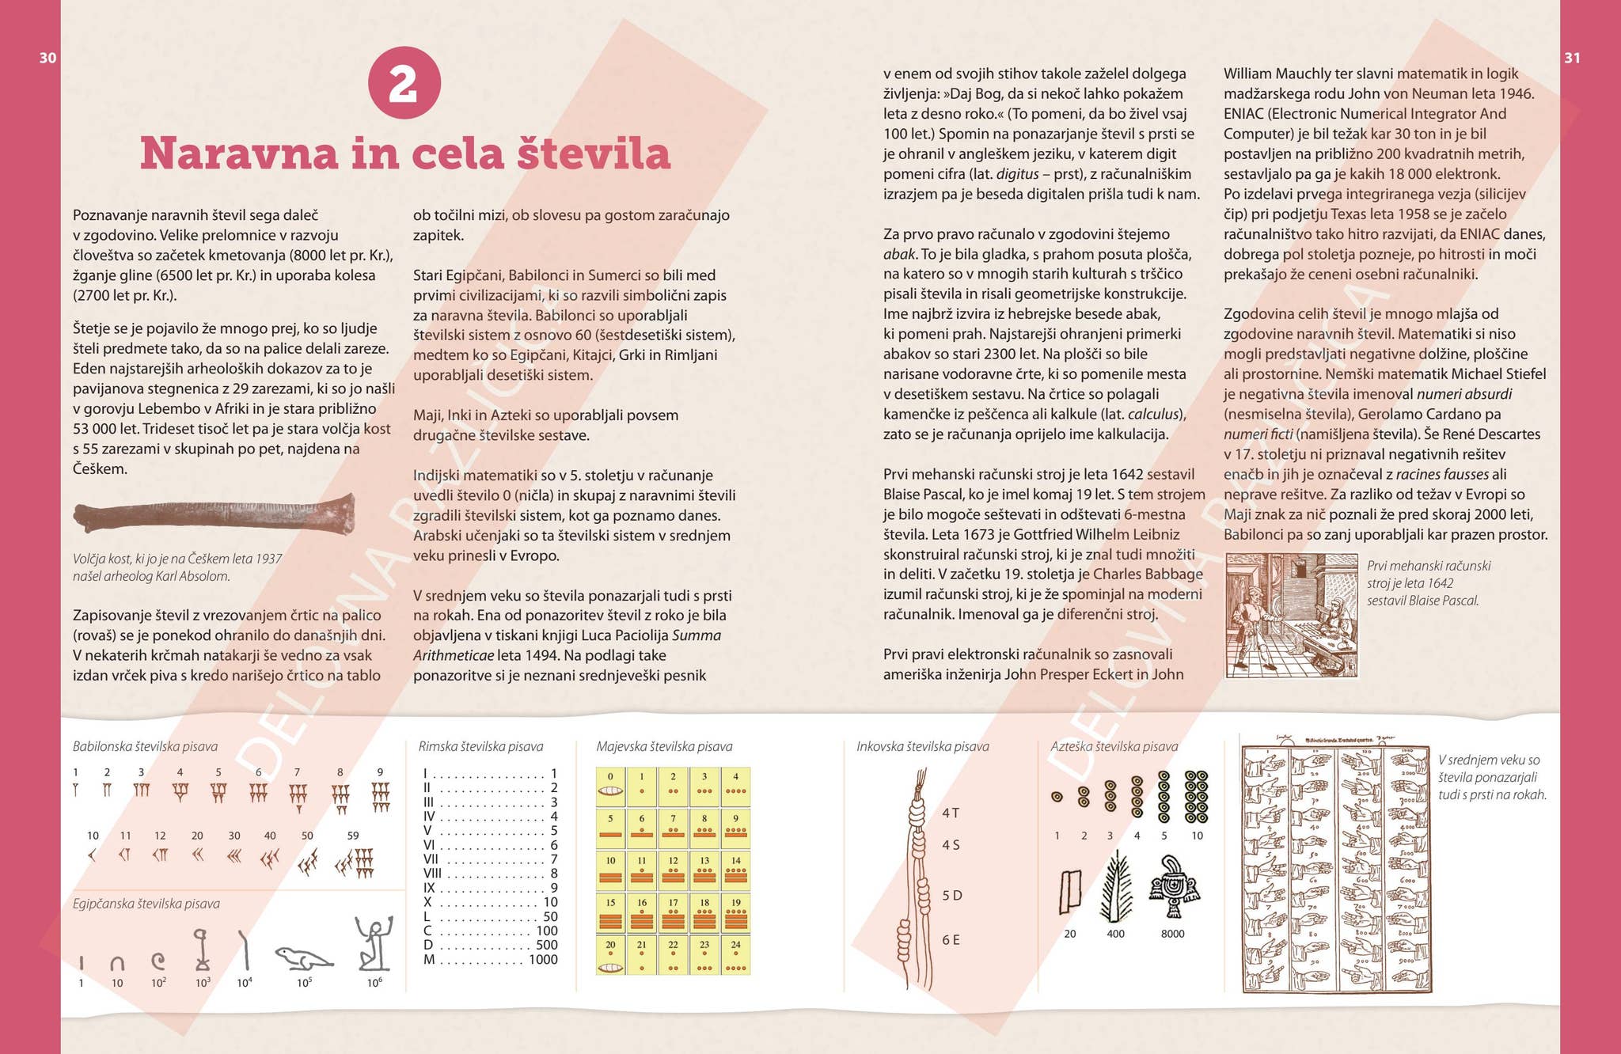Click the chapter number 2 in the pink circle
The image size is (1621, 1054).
(404, 82)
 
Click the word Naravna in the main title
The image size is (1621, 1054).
(238, 154)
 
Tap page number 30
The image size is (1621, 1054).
(47, 58)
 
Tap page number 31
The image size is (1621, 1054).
(1572, 58)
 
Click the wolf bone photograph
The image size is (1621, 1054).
(214, 515)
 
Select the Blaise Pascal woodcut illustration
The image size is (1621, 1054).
(1291, 615)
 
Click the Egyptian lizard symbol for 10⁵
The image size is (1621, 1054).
(304, 957)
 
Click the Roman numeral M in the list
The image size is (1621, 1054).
(429, 960)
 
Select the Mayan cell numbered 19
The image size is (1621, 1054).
(735, 912)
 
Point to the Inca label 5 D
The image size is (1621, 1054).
(951, 896)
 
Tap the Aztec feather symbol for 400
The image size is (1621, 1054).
(1115, 887)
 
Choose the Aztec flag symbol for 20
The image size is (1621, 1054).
(1070, 892)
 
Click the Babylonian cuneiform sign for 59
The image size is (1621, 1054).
(354, 863)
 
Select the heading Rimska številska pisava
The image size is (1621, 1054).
(480, 746)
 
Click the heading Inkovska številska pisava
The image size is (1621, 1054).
(922, 746)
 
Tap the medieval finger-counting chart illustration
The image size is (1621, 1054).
(1335, 867)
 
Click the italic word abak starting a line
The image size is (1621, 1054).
(899, 254)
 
